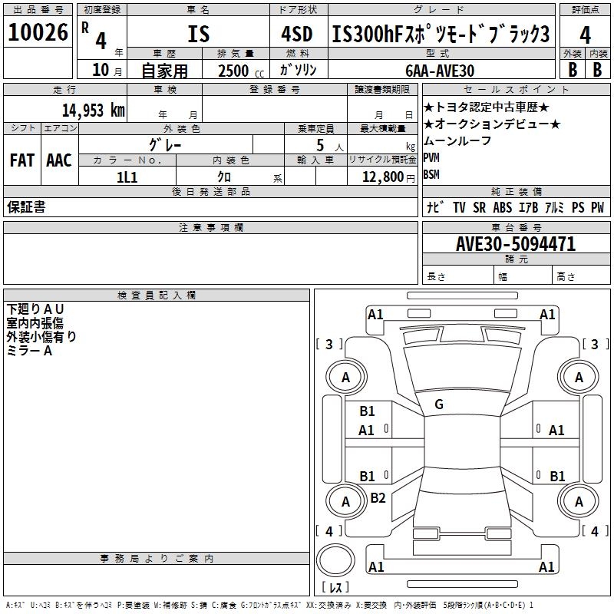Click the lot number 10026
point(38,32)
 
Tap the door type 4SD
point(298,34)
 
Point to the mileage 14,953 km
point(93,110)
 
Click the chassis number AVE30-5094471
point(516,244)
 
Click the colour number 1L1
point(127,177)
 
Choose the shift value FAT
point(21,160)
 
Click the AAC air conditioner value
point(59,160)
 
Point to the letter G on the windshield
point(439,404)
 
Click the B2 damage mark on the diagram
point(378,498)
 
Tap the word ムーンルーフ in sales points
point(457,141)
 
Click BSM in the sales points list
point(432,174)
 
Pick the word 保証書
point(26,207)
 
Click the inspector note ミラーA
point(29,350)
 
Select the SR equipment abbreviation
point(480,207)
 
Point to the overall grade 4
point(585,35)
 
